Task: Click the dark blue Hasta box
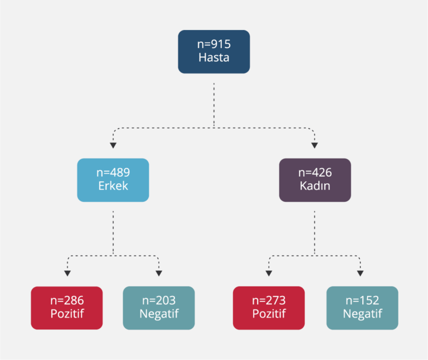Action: click(213, 51)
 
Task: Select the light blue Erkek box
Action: click(113, 179)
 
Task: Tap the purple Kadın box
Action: click(315, 179)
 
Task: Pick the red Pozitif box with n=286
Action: click(67, 307)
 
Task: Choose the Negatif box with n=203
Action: click(159, 307)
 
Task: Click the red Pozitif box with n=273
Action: click(269, 307)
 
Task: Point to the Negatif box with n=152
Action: click(362, 307)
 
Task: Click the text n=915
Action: click(213, 45)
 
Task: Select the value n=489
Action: click(113, 173)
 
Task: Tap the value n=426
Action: click(315, 173)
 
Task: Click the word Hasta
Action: click(213, 57)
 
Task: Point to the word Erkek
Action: click(113, 186)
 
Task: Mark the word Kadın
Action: click(315, 186)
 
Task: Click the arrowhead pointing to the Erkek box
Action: click(113, 145)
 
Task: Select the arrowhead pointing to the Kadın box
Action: click(315, 145)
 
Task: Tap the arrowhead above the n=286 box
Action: click(67, 273)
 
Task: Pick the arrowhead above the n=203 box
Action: click(159, 273)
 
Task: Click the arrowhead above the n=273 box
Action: click(269, 273)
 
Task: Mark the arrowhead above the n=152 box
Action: click(361, 273)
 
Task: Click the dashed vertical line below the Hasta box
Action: click(214, 103)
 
